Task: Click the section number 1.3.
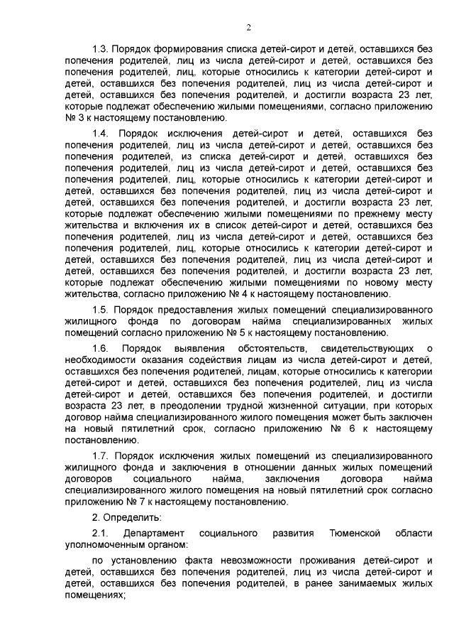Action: click(x=101, y=48)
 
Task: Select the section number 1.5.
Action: click(x=101, y=310)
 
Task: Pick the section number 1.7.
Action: click(x=101, y=454)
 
